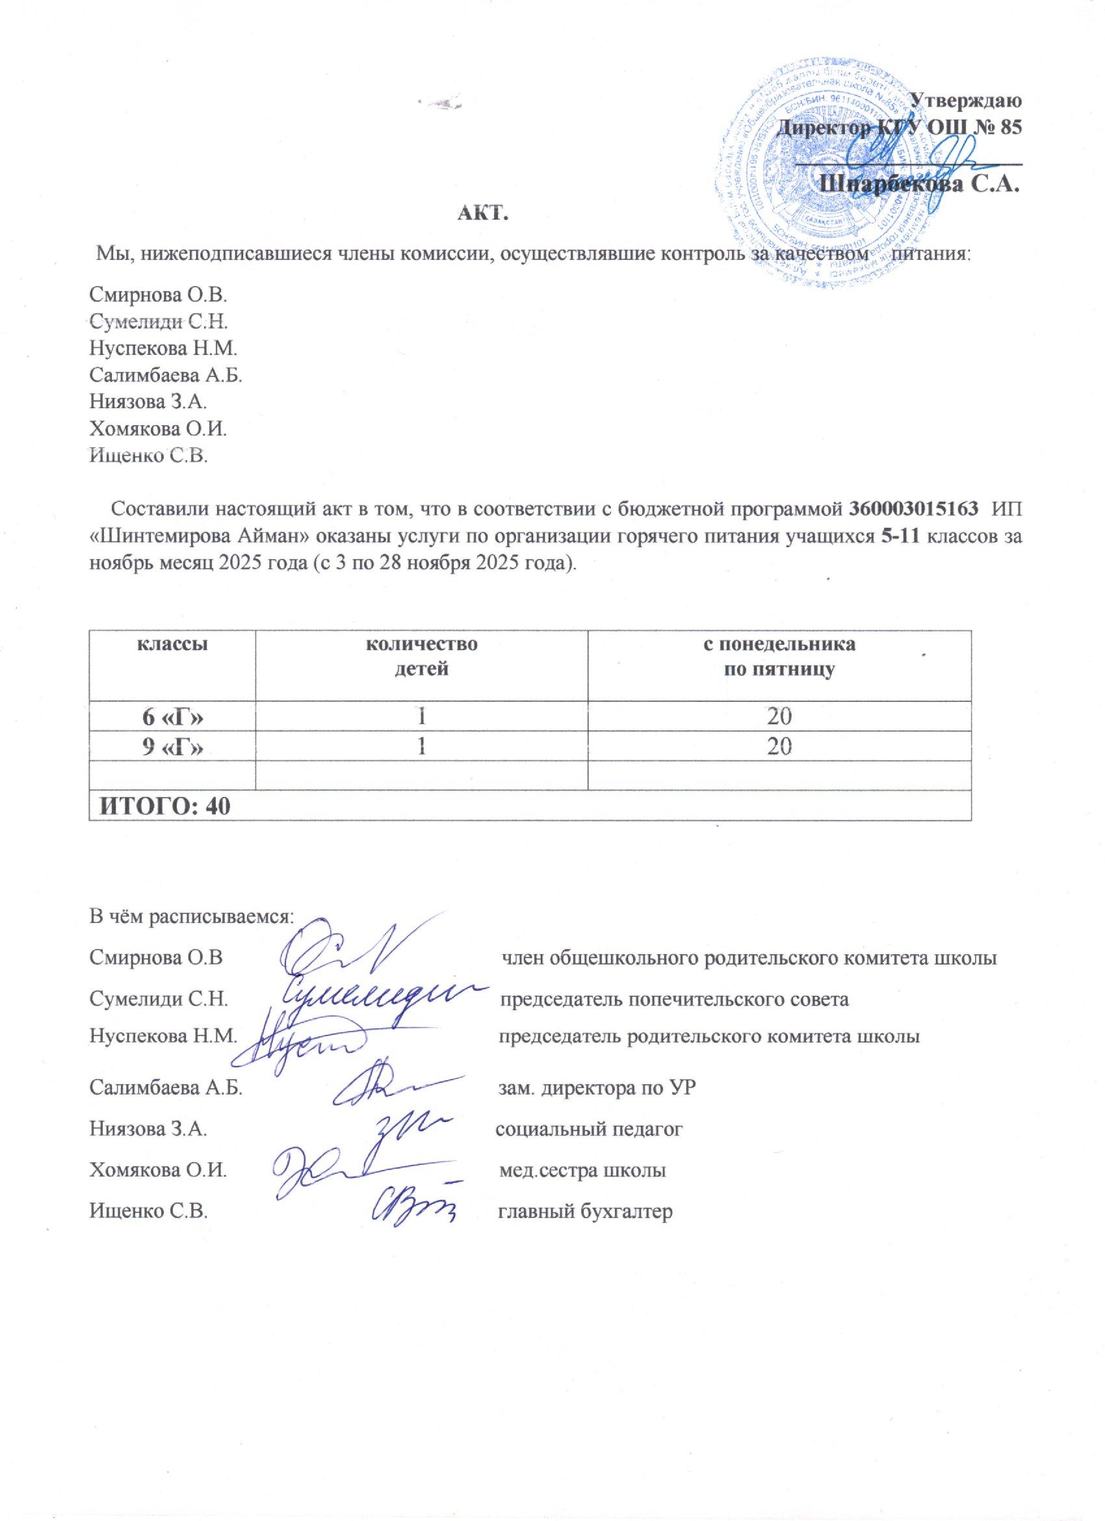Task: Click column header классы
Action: coord(172,645)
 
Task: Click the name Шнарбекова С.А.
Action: coord(920,183)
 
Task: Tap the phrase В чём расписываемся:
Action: coord(192,916)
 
